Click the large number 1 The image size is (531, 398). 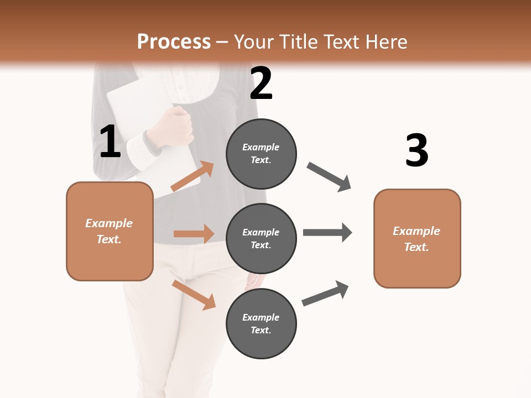[110, 142]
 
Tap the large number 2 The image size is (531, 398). [261, 83]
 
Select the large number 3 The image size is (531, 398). [417, 150]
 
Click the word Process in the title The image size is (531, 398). [174, 41]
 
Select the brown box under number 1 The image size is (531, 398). [110, 231]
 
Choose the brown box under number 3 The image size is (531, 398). [417, 238]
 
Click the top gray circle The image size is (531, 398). [261, 154]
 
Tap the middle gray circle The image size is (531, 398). [261, 239]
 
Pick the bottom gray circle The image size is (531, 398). [261, 324]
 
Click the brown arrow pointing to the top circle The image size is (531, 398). [192, 176]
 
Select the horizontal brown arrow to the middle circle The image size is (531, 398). [194, 234]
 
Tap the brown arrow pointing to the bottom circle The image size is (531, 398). [194, 295]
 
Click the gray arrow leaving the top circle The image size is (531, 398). [329, 177]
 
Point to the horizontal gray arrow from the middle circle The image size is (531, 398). [327, 232]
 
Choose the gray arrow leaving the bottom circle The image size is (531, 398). [325, 294]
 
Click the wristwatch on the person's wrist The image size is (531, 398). [151, 143]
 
